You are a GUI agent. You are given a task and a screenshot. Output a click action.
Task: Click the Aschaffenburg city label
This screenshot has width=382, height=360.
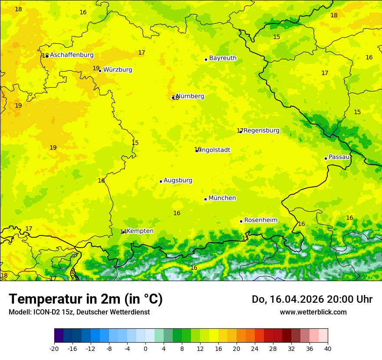72,55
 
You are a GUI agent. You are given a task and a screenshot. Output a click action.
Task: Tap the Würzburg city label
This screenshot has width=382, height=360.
118,70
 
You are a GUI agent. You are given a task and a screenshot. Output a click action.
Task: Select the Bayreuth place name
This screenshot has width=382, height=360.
223,58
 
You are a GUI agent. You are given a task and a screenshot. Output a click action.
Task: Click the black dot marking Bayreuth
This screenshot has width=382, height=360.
206,59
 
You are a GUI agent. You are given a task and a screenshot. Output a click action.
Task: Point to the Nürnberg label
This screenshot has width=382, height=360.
190,96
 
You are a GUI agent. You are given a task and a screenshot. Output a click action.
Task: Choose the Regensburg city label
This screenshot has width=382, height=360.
261,131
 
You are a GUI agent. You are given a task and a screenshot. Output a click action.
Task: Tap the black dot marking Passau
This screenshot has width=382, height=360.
326,158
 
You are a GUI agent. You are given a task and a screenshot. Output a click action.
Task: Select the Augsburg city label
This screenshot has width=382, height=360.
178,180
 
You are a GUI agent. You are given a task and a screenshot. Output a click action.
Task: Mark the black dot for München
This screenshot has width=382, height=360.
205,199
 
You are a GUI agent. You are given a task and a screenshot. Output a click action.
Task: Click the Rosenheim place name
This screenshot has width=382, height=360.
260,220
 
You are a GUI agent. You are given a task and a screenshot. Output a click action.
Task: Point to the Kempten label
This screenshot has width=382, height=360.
140,231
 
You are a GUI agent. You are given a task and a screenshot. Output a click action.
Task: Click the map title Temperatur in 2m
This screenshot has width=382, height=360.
86,299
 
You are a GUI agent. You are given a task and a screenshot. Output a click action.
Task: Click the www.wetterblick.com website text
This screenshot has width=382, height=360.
313,312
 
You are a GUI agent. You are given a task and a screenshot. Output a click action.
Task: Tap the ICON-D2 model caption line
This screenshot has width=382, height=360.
79,312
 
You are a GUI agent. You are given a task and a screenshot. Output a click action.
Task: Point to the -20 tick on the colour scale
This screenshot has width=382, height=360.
54,349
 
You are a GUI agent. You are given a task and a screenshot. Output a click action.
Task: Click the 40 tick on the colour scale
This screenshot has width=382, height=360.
328,349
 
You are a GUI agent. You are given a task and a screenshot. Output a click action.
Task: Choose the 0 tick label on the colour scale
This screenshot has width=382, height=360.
145,349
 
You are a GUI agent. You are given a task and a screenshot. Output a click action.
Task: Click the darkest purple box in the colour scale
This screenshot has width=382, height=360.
59,336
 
